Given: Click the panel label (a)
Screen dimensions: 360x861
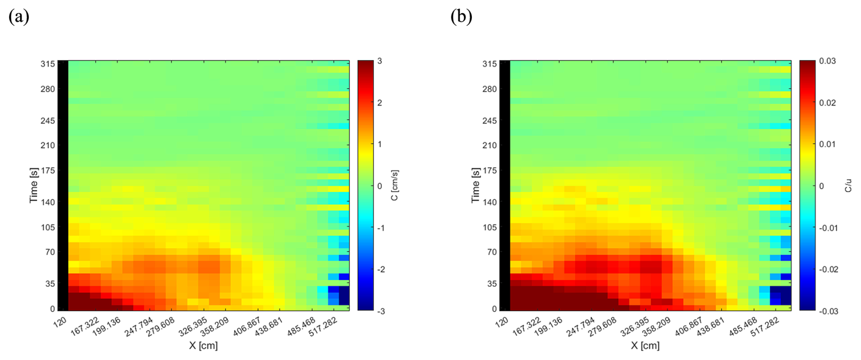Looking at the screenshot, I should pos(19,17).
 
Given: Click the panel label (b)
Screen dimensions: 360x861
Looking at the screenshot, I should pos(461,17).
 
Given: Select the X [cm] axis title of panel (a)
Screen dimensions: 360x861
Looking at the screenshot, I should pos(203,346).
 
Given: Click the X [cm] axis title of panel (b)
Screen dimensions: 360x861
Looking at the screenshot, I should pos(645,346).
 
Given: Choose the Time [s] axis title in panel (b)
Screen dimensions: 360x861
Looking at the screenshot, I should pos(475,185).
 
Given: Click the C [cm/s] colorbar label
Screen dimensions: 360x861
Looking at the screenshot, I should pos(395,185).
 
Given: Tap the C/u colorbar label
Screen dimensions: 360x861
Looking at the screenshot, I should pos(848,186).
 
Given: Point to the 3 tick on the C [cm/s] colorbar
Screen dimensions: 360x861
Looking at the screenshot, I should pos(380,61).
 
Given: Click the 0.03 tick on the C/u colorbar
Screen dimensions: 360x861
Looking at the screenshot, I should pos(827,61).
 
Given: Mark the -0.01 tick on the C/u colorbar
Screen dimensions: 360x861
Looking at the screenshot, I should pos(828,228).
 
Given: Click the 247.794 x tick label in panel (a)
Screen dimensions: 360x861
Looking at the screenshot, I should pos(139,327).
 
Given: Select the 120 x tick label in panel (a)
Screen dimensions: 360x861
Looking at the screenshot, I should pos(60,322).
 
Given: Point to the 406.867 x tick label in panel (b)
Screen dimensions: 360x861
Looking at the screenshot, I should pos(689,327).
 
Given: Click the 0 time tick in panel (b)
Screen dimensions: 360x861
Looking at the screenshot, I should pos(494,309).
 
